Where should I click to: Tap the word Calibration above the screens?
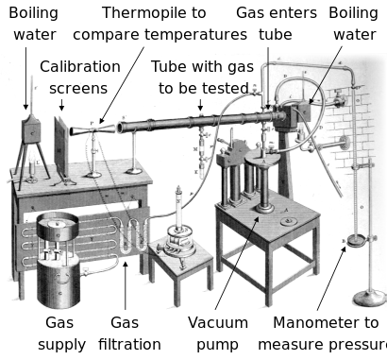click(x=80, y=67)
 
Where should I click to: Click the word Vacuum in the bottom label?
click(x=218, y=323)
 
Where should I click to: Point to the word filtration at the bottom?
click(x=129, y=344)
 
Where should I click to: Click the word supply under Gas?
click(x=61, y=345)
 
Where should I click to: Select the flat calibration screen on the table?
click(x=61, y=147)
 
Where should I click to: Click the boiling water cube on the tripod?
click(x=31, y=130)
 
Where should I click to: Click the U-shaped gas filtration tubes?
click(x=133, y=236)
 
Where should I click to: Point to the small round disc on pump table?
click(x=289, y=221)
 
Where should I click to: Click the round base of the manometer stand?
click(x=369, y=298)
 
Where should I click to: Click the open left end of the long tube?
click(x=120, y=128)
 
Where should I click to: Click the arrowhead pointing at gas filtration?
click(x=126, y=265)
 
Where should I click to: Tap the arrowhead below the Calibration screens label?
click(x=61, y=108)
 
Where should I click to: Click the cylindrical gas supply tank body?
click(x=59, y=281)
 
